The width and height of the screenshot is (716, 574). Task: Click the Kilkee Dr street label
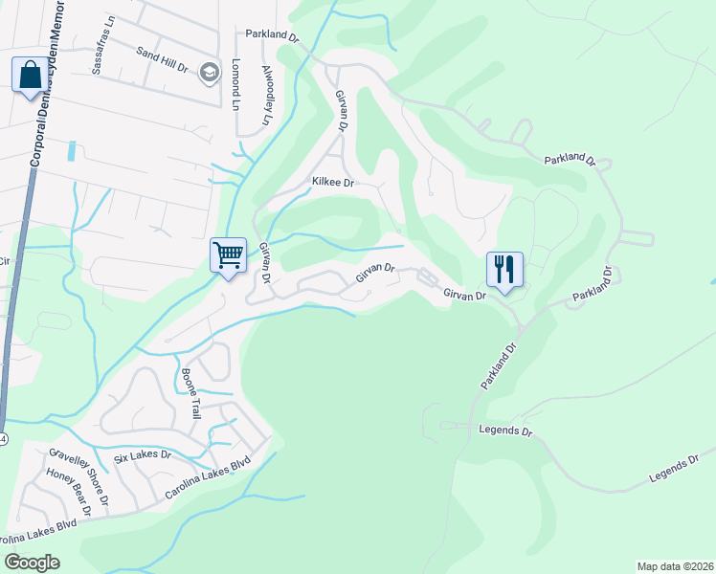point(334,182)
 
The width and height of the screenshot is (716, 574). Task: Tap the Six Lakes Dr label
point(142,458)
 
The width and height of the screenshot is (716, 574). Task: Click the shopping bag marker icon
point(29,74)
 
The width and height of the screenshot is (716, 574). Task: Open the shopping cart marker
point(229,255)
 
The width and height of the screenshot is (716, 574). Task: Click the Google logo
point(33,562)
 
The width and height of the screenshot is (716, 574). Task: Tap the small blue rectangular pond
point(71,151)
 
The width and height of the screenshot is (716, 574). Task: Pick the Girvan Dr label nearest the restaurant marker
point(465,297)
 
